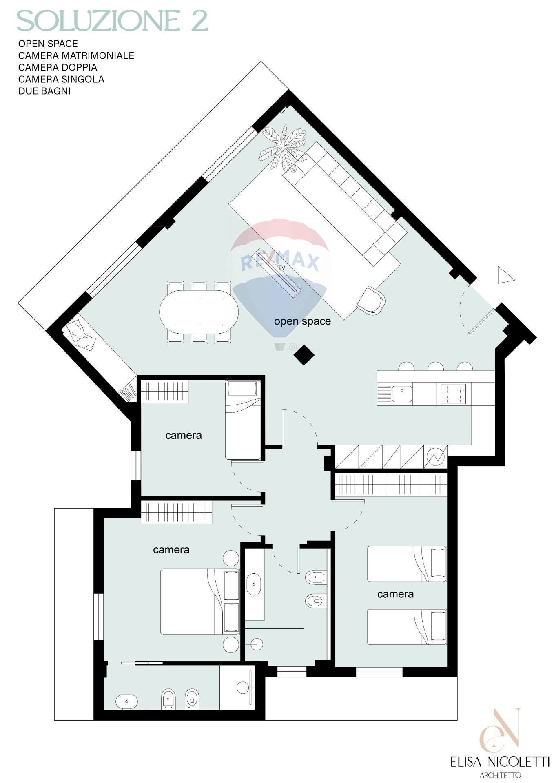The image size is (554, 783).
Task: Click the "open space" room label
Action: click(302, 321)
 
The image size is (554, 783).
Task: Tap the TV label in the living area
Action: click(281, 268)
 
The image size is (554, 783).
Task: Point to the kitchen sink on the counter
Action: click(402, 394)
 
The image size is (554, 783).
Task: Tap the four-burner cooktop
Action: click(454, 394)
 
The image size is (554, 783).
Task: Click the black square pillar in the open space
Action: click(304, 355)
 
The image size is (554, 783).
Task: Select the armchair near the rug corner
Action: click(371, 301)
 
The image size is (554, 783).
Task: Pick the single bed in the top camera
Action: click(243, 420)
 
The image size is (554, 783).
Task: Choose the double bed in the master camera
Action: click(200, 602)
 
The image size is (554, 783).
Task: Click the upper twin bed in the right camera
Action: click(407, 564)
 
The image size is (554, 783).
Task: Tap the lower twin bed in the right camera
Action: click(407, 627)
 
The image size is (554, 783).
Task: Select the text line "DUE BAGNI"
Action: click(44, 91)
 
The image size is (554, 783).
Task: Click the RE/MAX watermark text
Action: click(280, 261)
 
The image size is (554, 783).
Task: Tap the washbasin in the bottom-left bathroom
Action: click(126, 701)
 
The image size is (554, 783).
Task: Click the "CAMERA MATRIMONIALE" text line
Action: click(76, 55)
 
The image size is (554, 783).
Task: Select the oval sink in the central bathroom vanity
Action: click(254, 584)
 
